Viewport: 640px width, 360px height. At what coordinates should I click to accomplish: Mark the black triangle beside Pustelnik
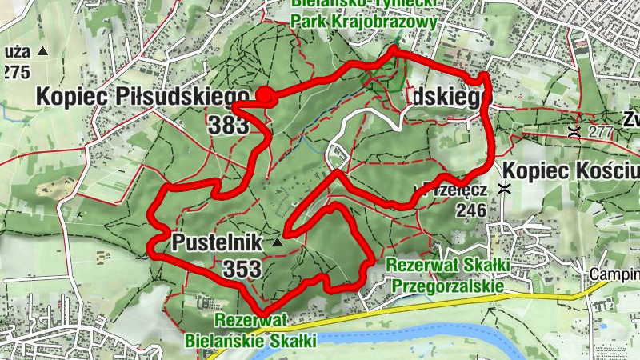click(277, 241)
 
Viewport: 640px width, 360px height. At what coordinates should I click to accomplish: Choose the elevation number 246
click(472, 210)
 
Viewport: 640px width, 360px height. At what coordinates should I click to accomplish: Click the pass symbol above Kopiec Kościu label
click(504, 189)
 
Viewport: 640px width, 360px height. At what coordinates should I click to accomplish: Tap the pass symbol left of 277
click(574, 131)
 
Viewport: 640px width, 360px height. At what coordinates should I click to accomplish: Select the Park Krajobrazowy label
click(365, 22)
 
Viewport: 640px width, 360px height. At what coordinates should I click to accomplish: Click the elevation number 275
click(15, 73)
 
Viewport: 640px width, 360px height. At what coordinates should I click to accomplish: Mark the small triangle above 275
click(43, 52)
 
